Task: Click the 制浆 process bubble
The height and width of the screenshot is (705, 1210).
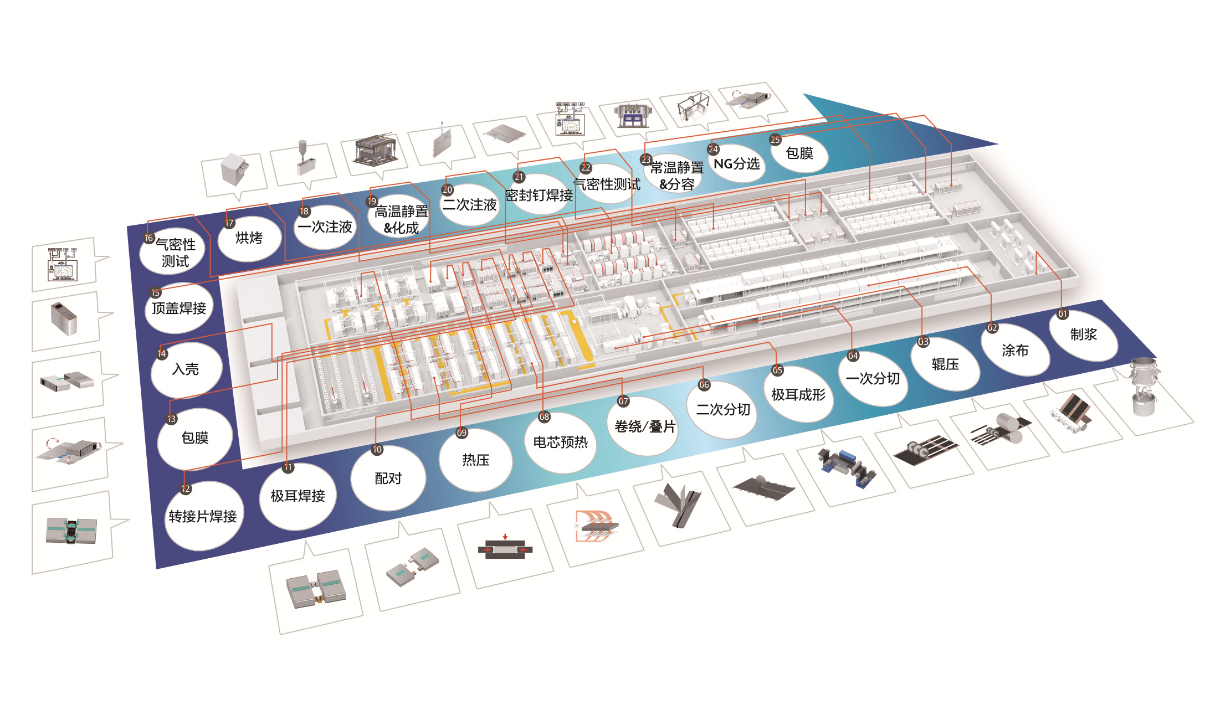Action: (x=1083, y=335)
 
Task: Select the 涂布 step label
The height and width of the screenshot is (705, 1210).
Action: (x=1015, y=351)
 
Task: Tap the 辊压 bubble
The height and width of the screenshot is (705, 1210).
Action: (x=945, y=364)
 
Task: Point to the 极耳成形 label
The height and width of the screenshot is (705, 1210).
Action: (x=798, y=395)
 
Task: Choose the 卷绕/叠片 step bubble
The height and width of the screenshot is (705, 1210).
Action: (x=645, y=426)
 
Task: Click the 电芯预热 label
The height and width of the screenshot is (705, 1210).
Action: (x=560, y=442)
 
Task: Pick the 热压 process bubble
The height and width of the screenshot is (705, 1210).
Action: (x=475, y=460)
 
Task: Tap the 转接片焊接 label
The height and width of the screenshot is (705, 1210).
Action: (x=203, y=517)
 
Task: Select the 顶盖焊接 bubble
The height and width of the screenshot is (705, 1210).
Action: (x=179, y=308)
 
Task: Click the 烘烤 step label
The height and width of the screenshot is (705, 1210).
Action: (x=249, y=238)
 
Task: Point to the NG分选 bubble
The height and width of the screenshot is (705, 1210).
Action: (x=736, y=164)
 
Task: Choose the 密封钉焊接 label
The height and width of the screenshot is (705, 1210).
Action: (x=539, y=195)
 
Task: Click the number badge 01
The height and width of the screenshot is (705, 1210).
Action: (x=1063, y=313)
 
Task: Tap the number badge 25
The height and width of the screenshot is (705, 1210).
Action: (x=775, y=140)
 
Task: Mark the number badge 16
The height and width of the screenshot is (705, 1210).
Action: (x=148, y=238)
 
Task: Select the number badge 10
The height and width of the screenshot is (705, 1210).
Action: (x=377, y=449)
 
